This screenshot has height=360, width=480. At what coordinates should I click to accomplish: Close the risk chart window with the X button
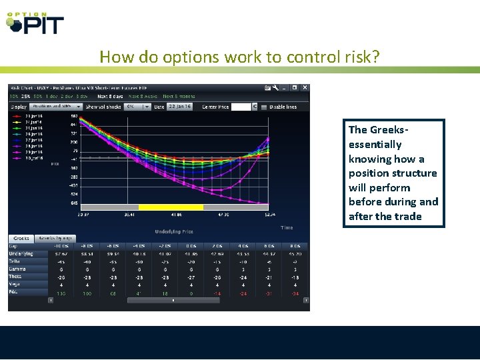tap(305, 87)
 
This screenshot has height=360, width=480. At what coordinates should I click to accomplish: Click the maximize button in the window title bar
tap(295, 87)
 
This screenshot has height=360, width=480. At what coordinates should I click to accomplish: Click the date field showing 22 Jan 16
tap(178, 107)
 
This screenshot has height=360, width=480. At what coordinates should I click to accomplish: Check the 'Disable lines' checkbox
tap(264, 107)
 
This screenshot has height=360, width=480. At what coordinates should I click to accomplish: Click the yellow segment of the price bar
tap(171, 207)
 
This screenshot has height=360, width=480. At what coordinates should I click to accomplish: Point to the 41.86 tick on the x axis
tap(175, 215)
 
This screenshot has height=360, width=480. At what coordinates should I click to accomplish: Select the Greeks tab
tap(21, 238)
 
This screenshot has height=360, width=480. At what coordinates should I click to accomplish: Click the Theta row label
tap(15, 277)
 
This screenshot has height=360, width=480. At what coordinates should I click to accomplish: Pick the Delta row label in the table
tap(15, 261)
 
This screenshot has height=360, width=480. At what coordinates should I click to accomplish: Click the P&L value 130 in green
tap(61, 293)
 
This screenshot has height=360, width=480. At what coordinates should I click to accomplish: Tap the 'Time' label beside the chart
tap(286, 227)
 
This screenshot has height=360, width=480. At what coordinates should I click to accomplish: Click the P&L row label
tap(14, 292)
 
